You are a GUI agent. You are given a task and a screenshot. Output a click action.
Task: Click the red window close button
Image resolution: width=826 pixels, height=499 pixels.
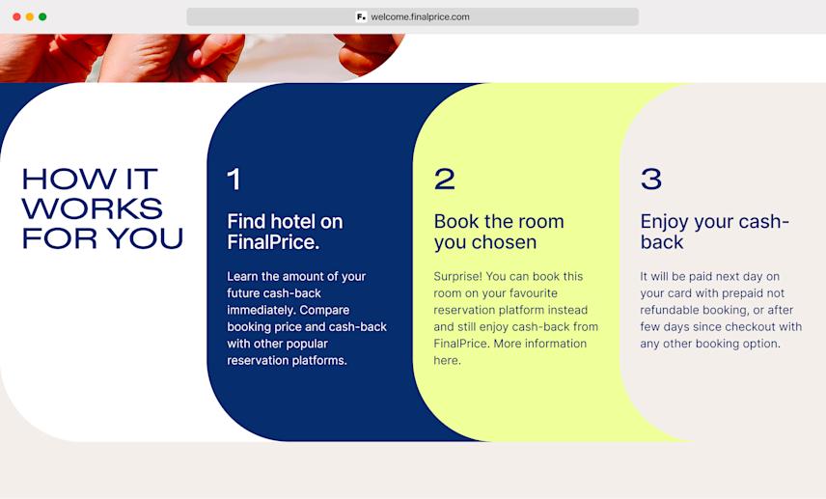16,16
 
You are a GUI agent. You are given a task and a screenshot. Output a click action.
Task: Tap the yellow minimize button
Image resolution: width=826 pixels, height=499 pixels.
30,16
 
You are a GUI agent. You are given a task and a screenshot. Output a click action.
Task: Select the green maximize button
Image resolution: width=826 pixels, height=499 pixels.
42,16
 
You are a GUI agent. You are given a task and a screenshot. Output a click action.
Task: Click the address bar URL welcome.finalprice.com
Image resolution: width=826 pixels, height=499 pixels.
420,16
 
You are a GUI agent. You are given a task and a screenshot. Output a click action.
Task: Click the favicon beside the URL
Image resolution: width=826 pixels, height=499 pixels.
361,16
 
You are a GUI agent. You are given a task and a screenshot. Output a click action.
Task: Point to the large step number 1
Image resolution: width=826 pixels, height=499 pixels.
234,180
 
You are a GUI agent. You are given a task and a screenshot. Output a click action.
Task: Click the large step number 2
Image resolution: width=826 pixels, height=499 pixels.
444,180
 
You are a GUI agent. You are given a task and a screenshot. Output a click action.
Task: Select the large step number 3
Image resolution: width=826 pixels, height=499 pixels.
651,180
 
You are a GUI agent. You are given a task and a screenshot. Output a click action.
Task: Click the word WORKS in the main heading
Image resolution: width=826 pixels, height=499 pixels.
92,208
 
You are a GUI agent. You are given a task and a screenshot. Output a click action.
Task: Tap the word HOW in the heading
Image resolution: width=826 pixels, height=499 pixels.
56,180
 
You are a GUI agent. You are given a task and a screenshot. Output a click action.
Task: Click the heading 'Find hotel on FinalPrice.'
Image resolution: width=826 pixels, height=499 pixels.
285,232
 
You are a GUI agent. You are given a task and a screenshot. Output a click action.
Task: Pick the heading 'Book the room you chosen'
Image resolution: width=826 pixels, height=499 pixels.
499,232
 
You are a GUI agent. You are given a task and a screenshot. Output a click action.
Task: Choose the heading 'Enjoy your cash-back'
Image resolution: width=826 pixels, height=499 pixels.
714,232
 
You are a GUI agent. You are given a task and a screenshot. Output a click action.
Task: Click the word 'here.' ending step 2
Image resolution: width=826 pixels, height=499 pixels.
448,360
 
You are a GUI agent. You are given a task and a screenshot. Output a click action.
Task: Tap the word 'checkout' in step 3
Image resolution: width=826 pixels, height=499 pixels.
748,326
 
